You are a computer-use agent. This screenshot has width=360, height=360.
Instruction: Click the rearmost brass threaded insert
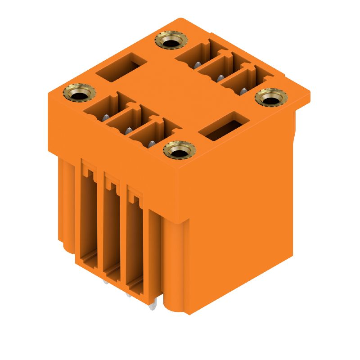point(170,42)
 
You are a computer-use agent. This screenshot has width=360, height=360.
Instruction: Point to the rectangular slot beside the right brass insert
point(224,126)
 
